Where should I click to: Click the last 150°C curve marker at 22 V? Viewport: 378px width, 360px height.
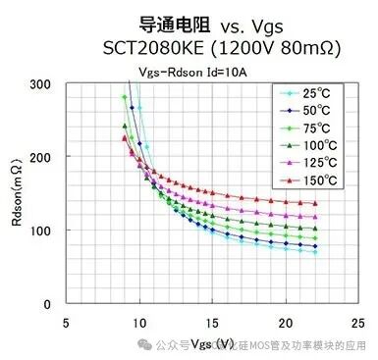314,203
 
